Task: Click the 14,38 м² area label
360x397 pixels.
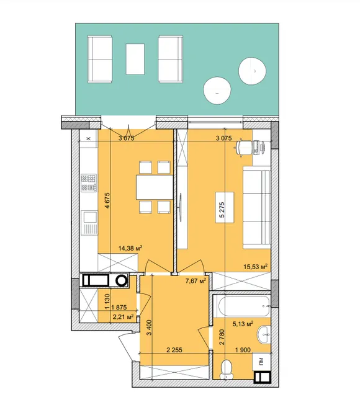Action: coord(130,248)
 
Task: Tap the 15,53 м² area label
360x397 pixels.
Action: coord(255,266)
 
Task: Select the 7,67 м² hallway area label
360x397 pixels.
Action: coord(196,281)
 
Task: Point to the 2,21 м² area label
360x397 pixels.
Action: coord(123,316)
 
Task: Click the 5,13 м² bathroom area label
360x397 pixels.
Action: coord(243,323)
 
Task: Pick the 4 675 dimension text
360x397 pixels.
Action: coord(107,200)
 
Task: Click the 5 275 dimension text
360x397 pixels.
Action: coord(222,210)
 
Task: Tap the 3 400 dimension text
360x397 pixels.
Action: coord(149,328)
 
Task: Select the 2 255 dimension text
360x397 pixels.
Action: coord(174,350)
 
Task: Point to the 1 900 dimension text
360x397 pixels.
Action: coord(243,350)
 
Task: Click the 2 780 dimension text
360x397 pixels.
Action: coord(222,337)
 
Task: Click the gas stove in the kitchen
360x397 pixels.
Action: coord(89,183)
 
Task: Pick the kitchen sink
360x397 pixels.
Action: coord(90,223)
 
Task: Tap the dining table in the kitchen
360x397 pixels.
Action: coord(155,187)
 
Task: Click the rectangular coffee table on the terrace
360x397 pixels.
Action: coord(135,59)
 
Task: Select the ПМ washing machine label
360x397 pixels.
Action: coord(261,361)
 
